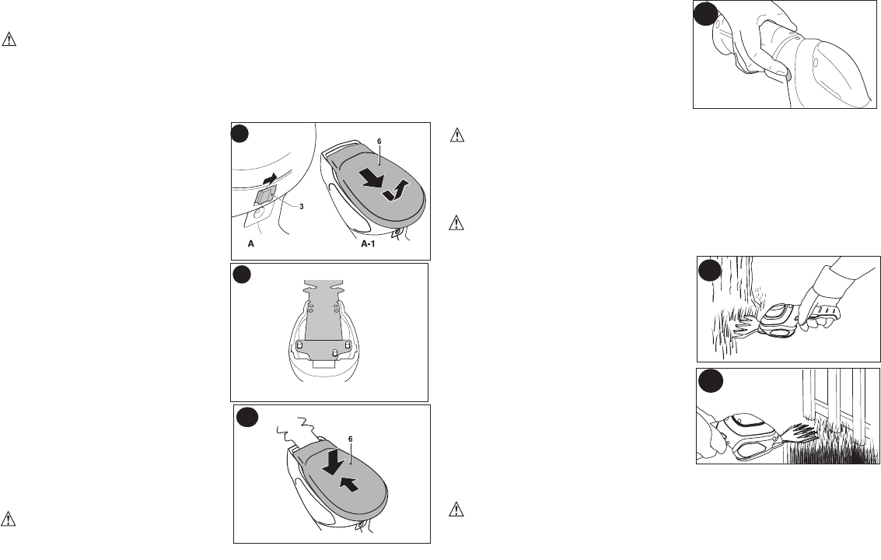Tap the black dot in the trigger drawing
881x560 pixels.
(704, 16)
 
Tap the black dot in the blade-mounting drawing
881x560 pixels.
(242, 274)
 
